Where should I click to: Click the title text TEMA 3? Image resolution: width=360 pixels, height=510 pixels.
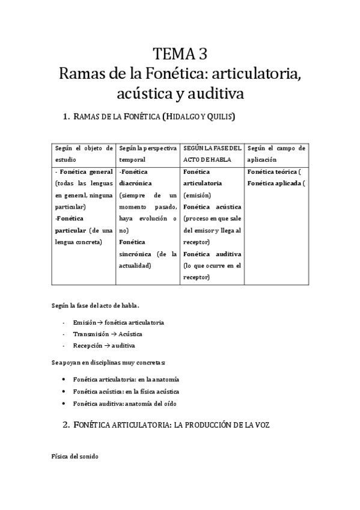click(180, 55)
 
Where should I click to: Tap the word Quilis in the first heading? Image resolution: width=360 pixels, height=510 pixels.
click(219, 116)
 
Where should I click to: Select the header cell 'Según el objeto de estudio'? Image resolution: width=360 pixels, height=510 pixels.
click(83, 154)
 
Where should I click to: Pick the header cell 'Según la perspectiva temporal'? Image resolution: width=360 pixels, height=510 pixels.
click(147, 154)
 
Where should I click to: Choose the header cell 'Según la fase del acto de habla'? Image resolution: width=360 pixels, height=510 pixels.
click(212, 154)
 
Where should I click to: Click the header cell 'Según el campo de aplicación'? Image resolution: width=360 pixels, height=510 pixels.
click(276, 154)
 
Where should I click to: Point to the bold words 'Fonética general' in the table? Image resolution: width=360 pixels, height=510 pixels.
click(87, 172)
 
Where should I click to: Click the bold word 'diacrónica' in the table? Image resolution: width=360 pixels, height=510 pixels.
click(135, 183)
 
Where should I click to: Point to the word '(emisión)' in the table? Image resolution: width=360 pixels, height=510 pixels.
click(197, 195)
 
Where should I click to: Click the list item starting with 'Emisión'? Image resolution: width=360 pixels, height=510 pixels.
click(118, 322)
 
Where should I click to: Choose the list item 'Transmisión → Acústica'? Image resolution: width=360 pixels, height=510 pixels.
click(108, 334)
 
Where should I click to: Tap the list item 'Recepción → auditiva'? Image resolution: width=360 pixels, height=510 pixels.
click(104, 346)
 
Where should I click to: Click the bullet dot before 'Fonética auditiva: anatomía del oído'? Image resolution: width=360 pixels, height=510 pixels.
click(64, 404)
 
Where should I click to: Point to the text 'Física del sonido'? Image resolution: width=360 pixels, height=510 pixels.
click(75, 456)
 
